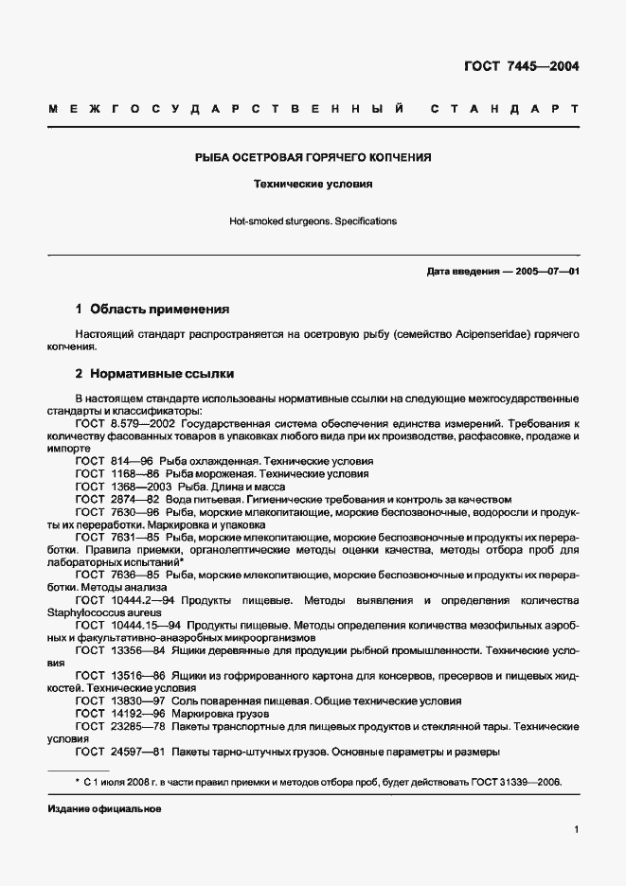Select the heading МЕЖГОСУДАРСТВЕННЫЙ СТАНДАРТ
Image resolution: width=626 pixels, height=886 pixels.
[313, 111]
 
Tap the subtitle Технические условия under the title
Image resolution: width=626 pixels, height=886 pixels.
[313, 185]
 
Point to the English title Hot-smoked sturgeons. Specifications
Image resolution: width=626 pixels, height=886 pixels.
[313, 221]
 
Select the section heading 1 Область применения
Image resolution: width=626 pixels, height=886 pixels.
[152, 309]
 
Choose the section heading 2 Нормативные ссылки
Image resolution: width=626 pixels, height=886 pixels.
[154, 374]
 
